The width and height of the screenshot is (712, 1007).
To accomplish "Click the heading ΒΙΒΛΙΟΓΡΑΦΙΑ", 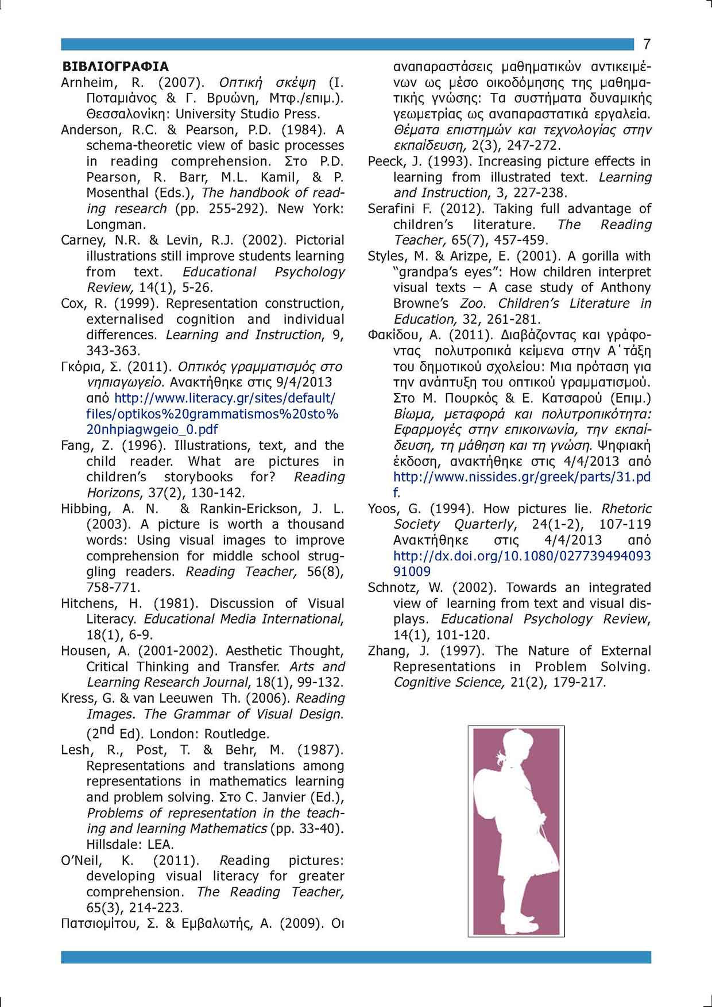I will click(x=115, y=67).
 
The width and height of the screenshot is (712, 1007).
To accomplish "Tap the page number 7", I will click(x=647, y=44).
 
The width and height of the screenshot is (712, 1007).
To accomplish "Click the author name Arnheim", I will click(x=87, y=82).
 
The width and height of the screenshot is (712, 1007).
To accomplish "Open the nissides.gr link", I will click(x=521, y=477).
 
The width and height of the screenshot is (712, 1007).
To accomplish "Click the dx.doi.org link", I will click(x=521, y=556).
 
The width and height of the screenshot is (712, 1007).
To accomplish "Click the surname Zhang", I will click(x=388, y=650).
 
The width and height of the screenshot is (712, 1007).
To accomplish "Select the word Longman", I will click(x=116, y=224).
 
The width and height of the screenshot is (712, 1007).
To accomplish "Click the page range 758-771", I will click(x=113, y=587).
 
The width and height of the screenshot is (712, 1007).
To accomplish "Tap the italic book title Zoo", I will click(x=474, y=303).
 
